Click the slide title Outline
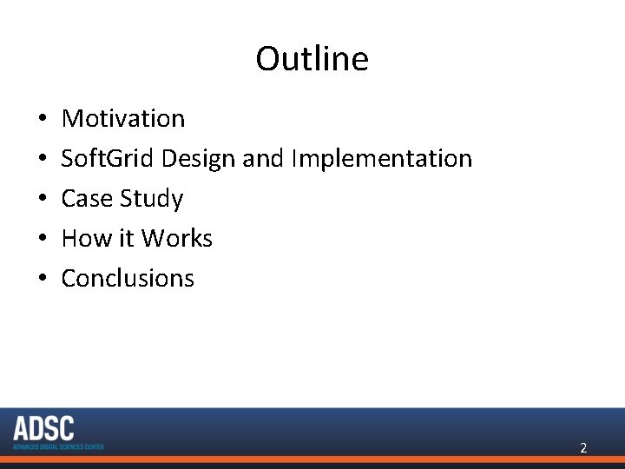point(312,59)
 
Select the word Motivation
point(123,118)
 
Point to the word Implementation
point(382,158)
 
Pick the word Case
point(86,198)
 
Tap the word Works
point(177,238)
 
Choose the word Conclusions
point(128,278)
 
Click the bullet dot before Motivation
point(43,119)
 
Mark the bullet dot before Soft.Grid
point(43,159)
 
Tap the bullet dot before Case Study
point(43,199)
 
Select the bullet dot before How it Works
point(43,239)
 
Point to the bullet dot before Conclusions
point(43,279)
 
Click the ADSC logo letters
point(44,429)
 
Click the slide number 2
point(583,448)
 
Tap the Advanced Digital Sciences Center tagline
point(58,446)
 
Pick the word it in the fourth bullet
point(127,238)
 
